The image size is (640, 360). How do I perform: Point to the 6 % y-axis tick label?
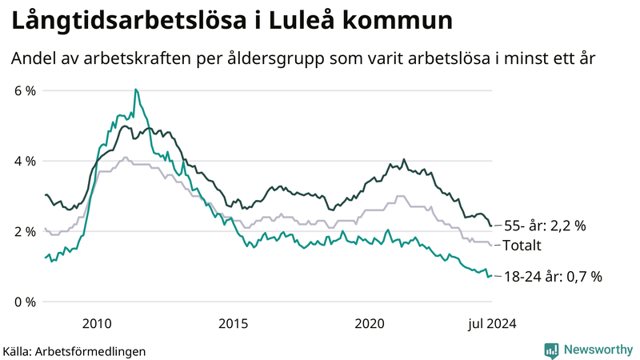coord(26,90)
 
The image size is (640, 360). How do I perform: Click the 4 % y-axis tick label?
coord(26,161)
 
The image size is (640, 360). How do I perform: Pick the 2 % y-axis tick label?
coord(26,231)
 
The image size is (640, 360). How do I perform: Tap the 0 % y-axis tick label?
coord(26,302)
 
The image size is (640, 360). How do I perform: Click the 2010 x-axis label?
coord(96,323)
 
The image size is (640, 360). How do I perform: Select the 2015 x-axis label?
coord(234,323)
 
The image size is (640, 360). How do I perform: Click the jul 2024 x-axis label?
coord(491,323)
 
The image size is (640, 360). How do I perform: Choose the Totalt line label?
coord(522,246)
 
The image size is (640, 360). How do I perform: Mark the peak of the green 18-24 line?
coord(136,90)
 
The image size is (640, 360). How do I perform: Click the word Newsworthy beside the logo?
coord(598,350)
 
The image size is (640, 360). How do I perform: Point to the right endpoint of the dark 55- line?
coord(490,226)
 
